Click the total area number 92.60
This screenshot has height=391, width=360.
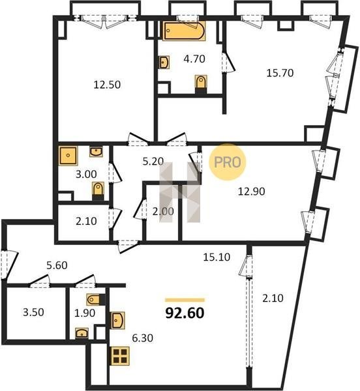point(185,313)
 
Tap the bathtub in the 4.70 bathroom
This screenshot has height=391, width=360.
point(185,31)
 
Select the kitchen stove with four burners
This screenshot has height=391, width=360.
point(121,356)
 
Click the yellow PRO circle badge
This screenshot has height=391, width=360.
point(227,162)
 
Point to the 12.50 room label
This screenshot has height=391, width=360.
point(107,85)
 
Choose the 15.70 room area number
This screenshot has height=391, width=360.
point(280,73)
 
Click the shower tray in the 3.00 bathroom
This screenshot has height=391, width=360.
point(68,156)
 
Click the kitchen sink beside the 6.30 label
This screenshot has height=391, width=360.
point(117,321)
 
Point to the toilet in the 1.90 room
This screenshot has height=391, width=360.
point(95,300)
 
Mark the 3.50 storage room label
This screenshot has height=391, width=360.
point(33,312)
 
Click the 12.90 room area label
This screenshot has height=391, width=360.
point(252,192)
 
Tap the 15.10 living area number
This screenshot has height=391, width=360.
point(217,257)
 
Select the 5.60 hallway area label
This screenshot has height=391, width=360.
point(57,265)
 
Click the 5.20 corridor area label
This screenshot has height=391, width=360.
point(153,162)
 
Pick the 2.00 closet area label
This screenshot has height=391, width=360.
point(163,211)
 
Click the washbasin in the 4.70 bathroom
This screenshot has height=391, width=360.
point(164,62)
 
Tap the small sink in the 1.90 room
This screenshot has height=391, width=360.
point(82,333)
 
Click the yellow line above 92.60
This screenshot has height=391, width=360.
point(185,300)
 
